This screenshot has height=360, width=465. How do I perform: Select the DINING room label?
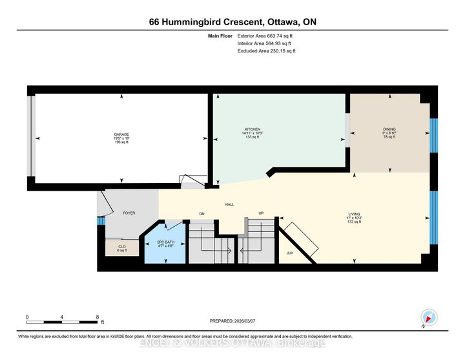[x=389, y=129]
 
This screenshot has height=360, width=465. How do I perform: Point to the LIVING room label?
[x=354, y=213]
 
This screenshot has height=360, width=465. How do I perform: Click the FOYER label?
[x=129, y=213]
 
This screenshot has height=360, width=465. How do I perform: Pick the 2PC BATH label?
[x=165, y=241]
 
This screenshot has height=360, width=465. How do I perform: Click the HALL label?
[x=229, y=204]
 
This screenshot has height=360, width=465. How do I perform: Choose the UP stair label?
[x=261, y=213]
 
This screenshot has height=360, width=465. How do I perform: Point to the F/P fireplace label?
[x=291, y=253]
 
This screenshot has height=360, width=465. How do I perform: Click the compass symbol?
[x=429, y=318]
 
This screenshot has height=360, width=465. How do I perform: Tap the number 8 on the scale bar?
[x=98, y=317]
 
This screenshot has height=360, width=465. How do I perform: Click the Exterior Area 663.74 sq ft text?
[x=265, y=36]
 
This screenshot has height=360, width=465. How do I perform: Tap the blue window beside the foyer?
[x=100, y=221]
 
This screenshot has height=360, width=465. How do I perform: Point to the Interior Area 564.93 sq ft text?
[x=265, y=43]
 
